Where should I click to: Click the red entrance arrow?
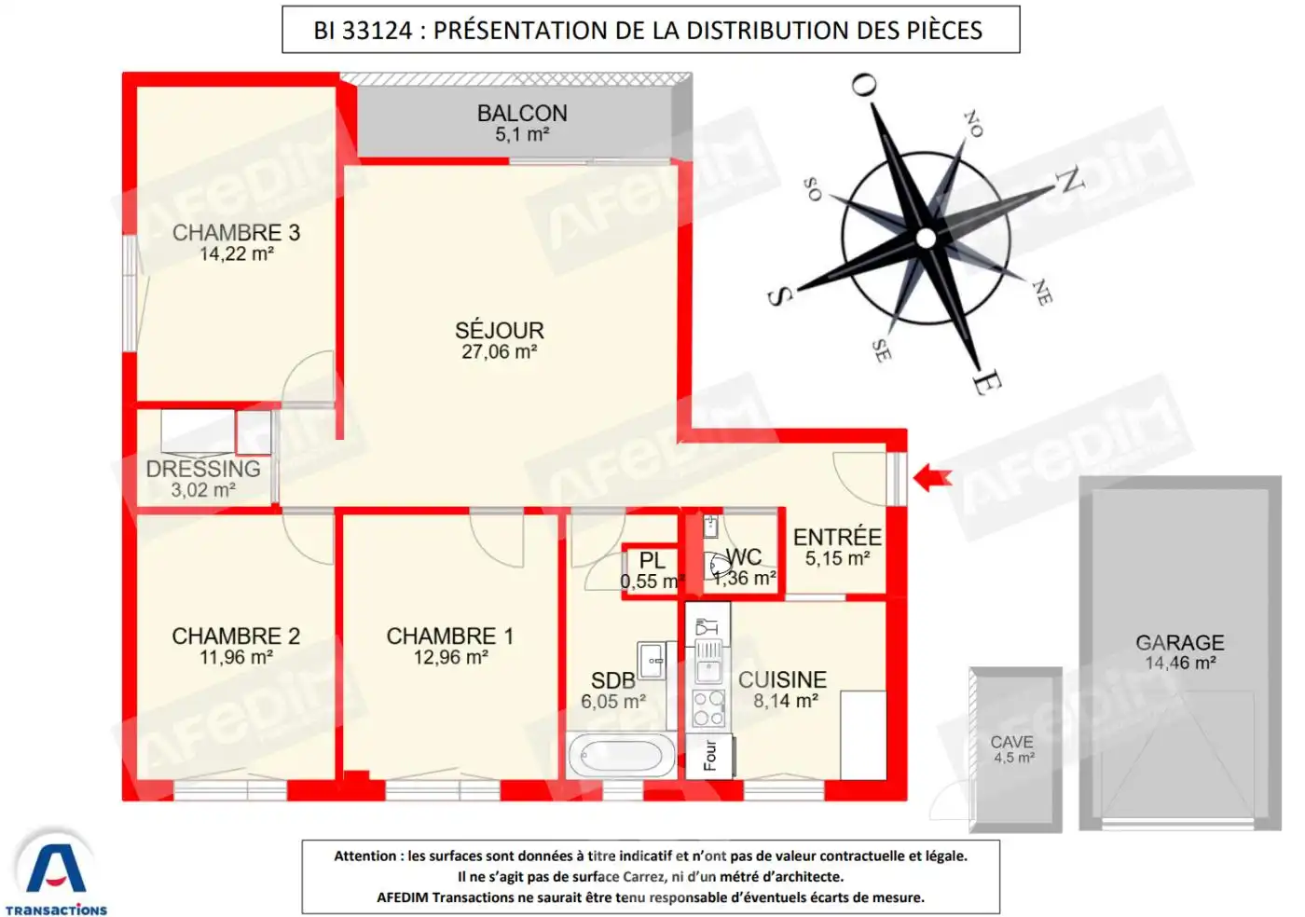[931, 478]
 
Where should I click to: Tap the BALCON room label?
[522, 113]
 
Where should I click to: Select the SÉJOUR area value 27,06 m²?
[499, 352]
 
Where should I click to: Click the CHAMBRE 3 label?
[236, 232]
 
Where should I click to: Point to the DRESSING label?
[203, 469]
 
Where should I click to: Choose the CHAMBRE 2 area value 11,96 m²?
[236, 658]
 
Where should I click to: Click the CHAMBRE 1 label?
[450, 636]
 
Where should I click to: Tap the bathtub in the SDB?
[621, 755]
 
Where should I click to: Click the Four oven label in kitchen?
[710, 755]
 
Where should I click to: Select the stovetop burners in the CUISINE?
[708, 708]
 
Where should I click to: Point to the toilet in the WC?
[720, 565]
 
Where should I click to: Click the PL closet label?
[652, 560]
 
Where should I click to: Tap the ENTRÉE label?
[837, 537]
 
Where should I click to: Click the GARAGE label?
[1179, 642]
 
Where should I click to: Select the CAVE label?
[1011, 742]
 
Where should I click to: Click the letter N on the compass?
[1071, 179]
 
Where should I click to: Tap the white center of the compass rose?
[926, 239]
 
